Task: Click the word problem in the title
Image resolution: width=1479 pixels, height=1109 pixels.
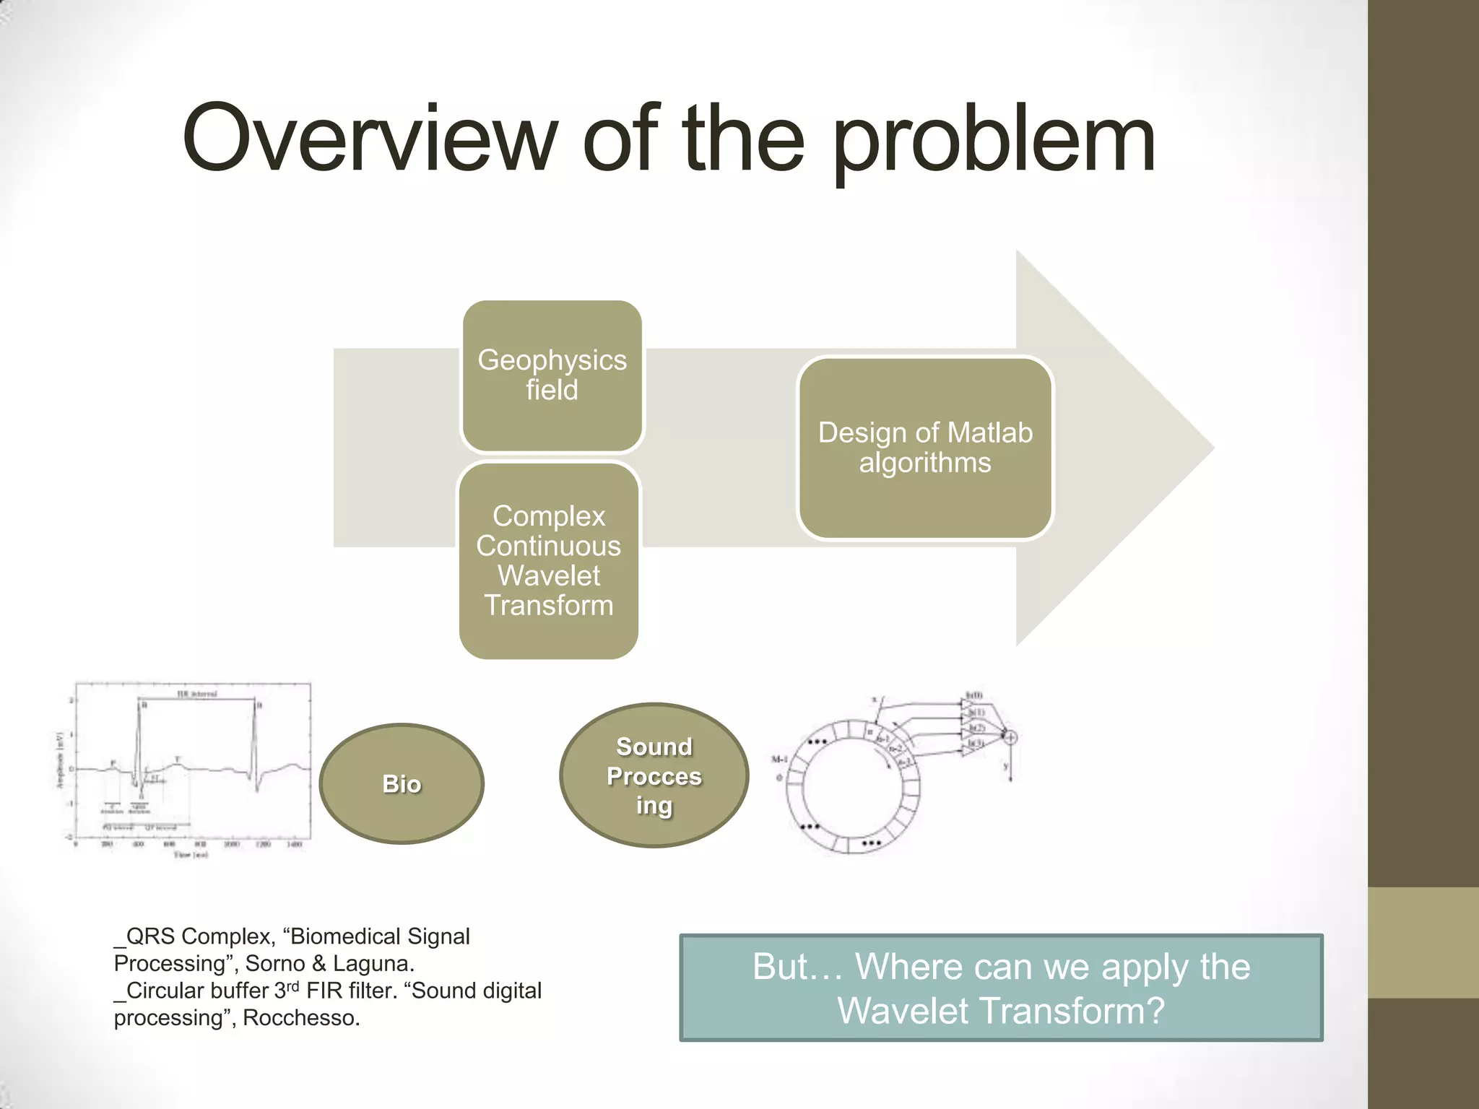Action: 994,141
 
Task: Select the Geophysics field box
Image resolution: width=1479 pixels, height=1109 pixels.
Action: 552,376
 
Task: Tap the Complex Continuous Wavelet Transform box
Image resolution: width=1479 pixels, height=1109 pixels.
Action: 549,560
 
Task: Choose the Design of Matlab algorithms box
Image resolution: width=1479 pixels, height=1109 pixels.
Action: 925,448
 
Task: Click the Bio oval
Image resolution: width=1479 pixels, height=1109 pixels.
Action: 402,783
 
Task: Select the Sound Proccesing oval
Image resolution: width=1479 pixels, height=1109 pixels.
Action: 654,775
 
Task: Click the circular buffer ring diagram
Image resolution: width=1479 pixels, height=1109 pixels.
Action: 852,787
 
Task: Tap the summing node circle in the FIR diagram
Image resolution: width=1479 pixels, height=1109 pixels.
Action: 1010,737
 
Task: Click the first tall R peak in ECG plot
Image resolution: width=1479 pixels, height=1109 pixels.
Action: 139,704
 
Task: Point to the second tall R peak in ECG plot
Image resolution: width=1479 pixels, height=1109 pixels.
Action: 254,704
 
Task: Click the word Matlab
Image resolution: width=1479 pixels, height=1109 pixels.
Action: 989,433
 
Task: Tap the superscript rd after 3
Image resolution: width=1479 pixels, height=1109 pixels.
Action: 292,986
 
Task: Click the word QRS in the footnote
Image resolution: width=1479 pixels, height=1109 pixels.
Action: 150,936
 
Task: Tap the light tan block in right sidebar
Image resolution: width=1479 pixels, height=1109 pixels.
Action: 1423,942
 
